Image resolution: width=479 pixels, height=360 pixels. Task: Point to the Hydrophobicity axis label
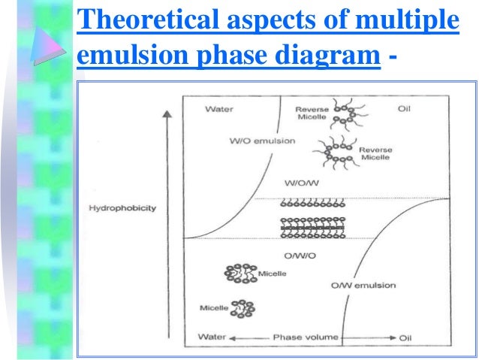pyautogui.click(x=122, y=208)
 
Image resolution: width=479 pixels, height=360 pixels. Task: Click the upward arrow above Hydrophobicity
pyautogui.click(x=167, y=150)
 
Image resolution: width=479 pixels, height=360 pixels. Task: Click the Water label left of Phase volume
pyautogui.click(x=212, y=337)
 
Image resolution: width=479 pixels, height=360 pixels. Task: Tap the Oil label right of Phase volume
pyautogui.click(x=405, y=338)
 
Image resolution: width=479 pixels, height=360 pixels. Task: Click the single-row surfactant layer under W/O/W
pyautogui.click(x=312, y=205)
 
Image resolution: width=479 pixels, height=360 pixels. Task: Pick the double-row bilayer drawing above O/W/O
pyautogui.click(x=312, y=227)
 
